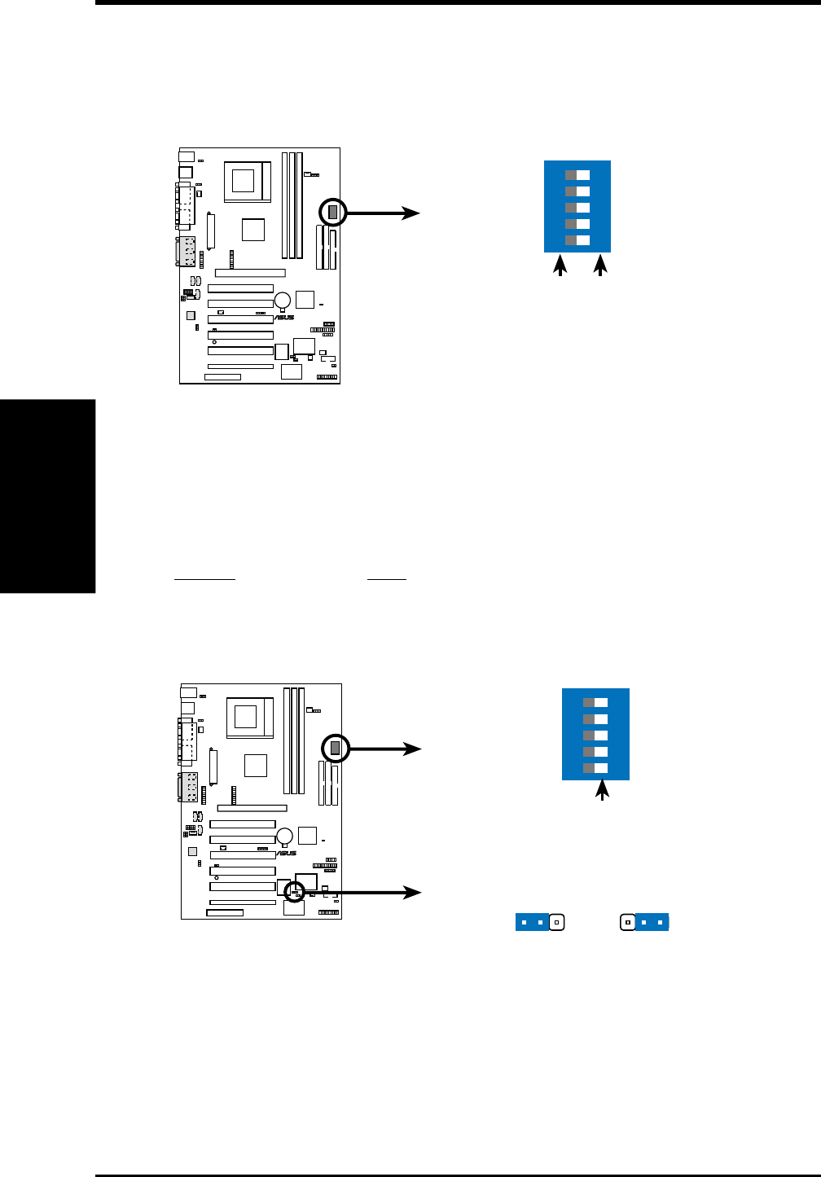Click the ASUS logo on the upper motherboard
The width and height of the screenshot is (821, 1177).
click(284, 318)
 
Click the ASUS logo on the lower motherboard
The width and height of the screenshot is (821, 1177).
click(287, 854)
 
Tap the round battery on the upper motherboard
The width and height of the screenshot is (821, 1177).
click(283, 299)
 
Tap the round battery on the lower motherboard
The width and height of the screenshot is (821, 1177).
click(285, 836)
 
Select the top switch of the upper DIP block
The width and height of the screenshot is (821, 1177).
click(577, 175)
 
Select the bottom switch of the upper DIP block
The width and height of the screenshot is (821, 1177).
click(577, 240)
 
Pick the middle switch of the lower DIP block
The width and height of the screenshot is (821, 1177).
click(595, 736)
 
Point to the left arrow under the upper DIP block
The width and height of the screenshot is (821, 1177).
click(560, 266)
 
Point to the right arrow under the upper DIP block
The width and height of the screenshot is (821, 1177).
click(601, 266)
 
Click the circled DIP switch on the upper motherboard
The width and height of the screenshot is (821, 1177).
click(332, 213)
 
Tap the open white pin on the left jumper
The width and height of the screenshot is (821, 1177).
click(556, 923)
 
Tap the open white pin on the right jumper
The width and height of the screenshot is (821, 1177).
click(628, 923)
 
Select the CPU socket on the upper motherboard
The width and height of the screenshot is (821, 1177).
click(248, 179)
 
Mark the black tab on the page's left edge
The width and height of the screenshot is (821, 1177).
click(47, 496)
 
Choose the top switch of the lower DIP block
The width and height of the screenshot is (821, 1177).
click(595, 703)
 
